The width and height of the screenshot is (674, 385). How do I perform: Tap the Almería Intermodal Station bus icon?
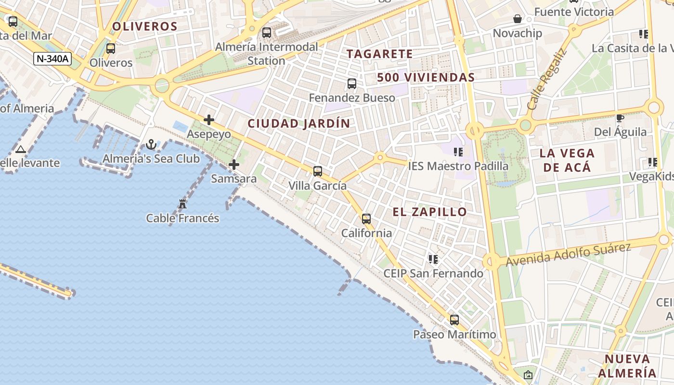click(x=266, y=33)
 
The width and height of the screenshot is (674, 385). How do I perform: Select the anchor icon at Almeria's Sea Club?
click(x=151, y=144)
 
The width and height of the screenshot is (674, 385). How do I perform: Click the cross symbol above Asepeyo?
click(x=209, y=120)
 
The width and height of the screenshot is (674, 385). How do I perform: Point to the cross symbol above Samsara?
click(x=234, y=165)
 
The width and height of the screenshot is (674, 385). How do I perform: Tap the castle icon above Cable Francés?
click(x=182, y=204)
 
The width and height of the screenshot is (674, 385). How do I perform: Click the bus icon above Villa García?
click(x=317, y=171)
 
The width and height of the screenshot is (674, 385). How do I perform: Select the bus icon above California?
click(x=366, y=219)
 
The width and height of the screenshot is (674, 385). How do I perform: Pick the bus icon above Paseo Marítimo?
click(x=454, y=320)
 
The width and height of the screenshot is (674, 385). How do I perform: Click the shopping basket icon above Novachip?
click(x=518, y=19)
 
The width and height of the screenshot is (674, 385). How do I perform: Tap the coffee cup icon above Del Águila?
click(x=620, y=118)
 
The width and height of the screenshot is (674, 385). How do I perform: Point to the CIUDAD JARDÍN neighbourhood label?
click(x=299, y=124)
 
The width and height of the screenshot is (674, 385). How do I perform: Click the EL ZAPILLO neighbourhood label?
click(x=430, y=212)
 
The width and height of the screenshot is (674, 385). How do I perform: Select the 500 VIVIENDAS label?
click(x=426, y=77)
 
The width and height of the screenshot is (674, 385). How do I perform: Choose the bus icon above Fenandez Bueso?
click(x=352, y=84)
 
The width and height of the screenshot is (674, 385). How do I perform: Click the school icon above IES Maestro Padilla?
click(x=458, y=152)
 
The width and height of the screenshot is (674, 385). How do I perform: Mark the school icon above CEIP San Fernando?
click(x=433, y=259)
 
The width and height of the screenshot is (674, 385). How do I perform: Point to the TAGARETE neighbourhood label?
click(x=380, y=54)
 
